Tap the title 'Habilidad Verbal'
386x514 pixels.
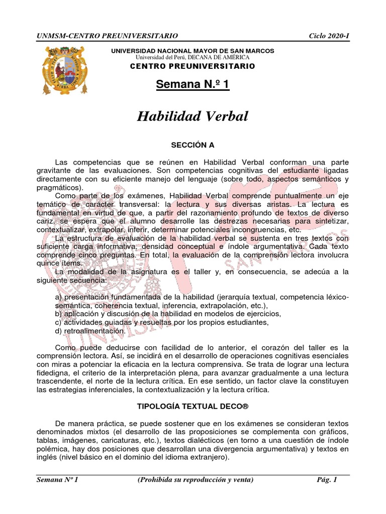click(x=192, y=116)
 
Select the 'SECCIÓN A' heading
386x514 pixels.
click(x=192, y=145)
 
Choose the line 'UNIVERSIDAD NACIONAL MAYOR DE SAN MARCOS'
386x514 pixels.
click(x=192, y=51)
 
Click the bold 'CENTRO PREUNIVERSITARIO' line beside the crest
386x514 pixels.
click(x=192, y=66)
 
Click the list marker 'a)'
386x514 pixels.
click(x=59, y=297)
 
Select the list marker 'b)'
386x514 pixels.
click(x=59, y=314)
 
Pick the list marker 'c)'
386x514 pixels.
click(x=59, y=322)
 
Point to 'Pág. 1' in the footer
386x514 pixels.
click(x=327, y=479)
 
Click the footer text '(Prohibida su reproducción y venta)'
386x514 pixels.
click(x=195, y=479)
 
